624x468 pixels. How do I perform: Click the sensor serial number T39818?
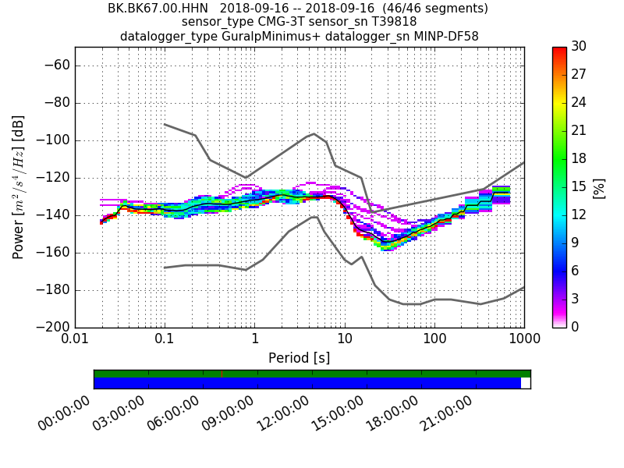point(390,23)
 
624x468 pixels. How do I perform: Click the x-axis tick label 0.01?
point(75,340)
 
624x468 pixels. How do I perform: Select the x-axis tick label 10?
point(345,340)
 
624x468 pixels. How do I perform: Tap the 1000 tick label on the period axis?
point(523,340)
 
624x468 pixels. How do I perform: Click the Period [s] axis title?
point(300,358)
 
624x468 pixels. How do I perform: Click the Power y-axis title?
point(19,187)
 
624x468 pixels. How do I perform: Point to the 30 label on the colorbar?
point(578,47)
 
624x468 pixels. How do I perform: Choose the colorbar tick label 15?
point(578,186)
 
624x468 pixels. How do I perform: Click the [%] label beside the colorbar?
point(599,187)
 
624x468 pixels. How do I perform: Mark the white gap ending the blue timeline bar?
point(526,383)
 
